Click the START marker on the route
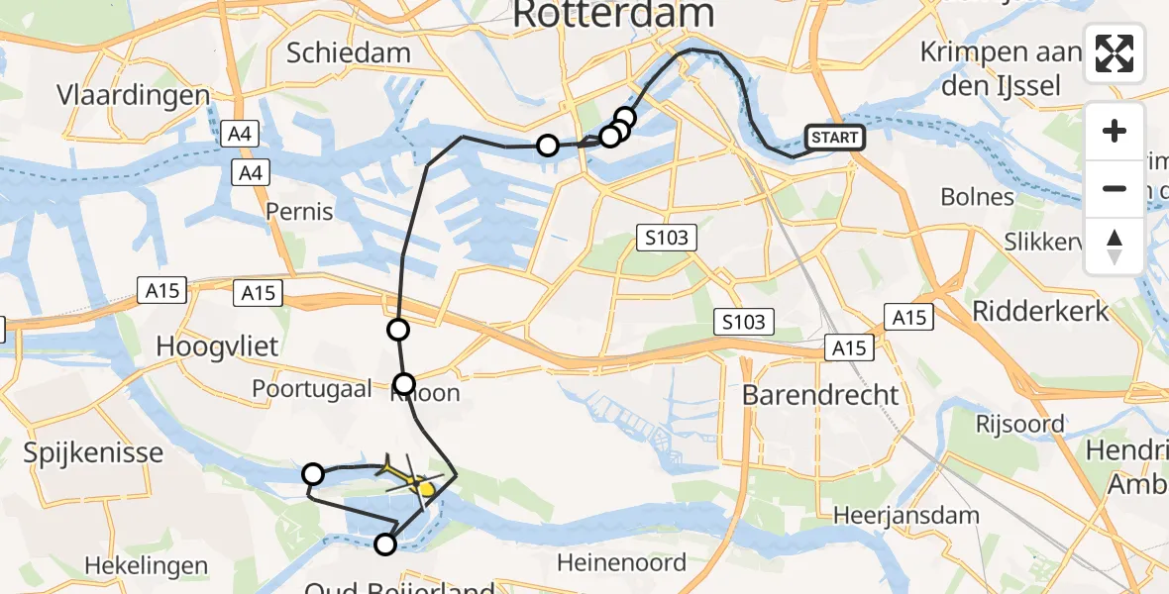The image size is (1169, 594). pyautogui.click(x=835, y=138)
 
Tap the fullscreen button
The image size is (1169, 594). pyautogui.click(x=1115, y=52)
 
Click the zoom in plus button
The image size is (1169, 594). pyautogui.click(x=1115, y=131)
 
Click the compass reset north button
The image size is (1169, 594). pyautogui.click(x=1115, y=247)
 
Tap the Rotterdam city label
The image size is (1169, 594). pyautogui.click(x=613, y=14)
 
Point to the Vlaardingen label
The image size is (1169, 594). pyautogui.click(x=134, y=96)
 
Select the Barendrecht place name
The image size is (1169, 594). pyautogui.click(x=820, y=394)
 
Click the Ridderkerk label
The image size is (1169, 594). pyautogui.click(x=1040, y=311)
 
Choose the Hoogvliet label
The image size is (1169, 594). pyautogui.click(x=217, y=346)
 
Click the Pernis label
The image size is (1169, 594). pyautogui.click(x=299, y=211)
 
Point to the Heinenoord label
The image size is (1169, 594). pyautogui.click(x=621, y=563)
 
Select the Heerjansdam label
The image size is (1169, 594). pyautogui.click(x=905, y=515)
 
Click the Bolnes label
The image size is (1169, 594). pyautogui.click(x=977, y=197)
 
